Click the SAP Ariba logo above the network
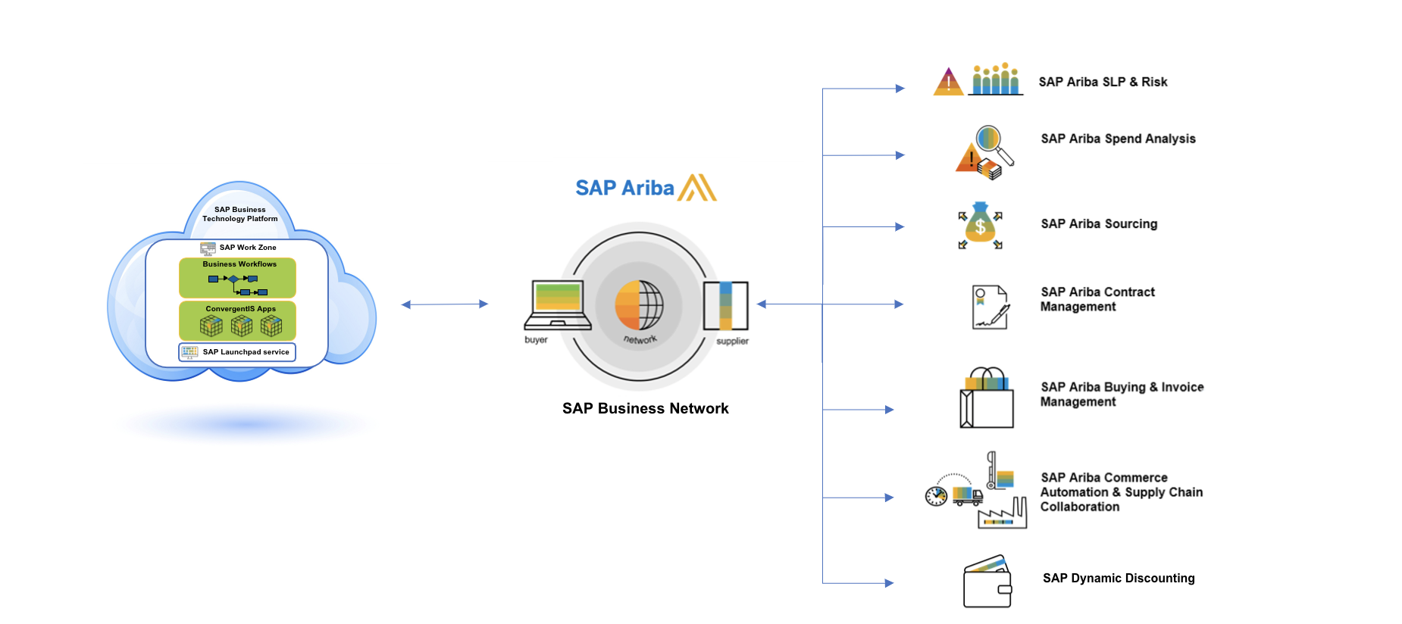click(x=646, y=188)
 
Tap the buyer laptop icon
click(x=558, y=305)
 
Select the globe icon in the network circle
click(x=639, y=305)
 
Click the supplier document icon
click(x=725, y=305)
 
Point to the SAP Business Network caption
click(x=645, y=409)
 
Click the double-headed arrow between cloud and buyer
click(x=444, y=304)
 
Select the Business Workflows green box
click(x=237, y=278)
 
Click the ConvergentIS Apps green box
click(x=237, y=321)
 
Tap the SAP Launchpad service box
click(x=237, y=352)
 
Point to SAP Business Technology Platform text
click(x=239, y=214)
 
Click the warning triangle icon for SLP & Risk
click(x=948, y=82)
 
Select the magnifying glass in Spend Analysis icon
click(x=991, y=142)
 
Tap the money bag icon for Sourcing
click(x=980, y=225)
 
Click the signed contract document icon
click(x=990, y=307)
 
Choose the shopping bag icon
click(x=987, y=399)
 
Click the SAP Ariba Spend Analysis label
click(x=1118, y=139)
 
